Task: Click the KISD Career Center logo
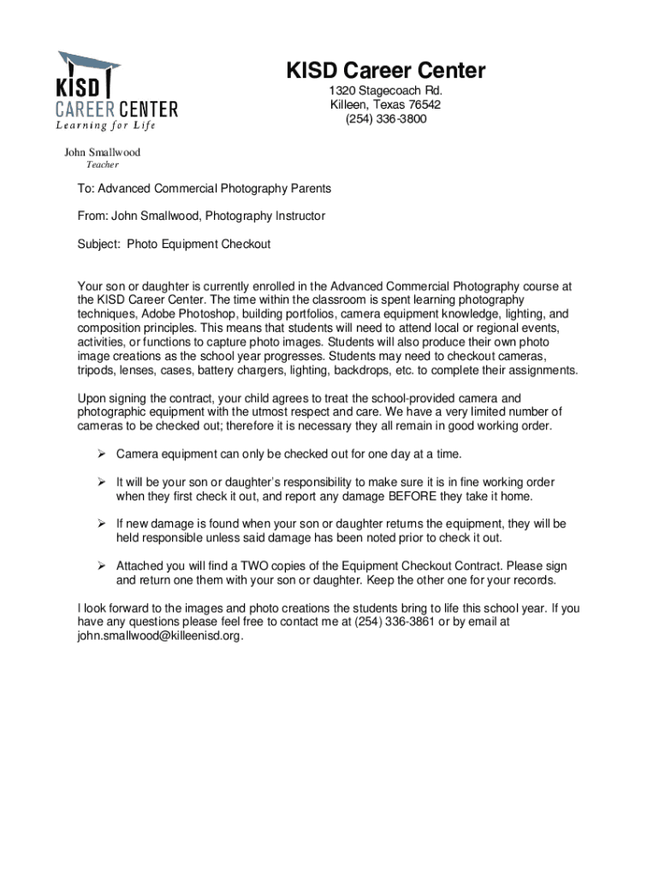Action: click(115, 90)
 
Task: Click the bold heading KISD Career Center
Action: click(386, 70)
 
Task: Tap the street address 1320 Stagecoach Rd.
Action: click(386, 91)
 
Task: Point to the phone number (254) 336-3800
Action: click(386, 119)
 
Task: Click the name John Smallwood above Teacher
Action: click(103, 152)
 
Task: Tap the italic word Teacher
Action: click(102, 164)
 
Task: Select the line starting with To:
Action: click(204, 188)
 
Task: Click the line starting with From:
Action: click(201, 216)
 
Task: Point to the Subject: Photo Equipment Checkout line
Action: click(174, 244)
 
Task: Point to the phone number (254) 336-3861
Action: click(391, 622)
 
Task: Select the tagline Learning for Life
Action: click(106, 127)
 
